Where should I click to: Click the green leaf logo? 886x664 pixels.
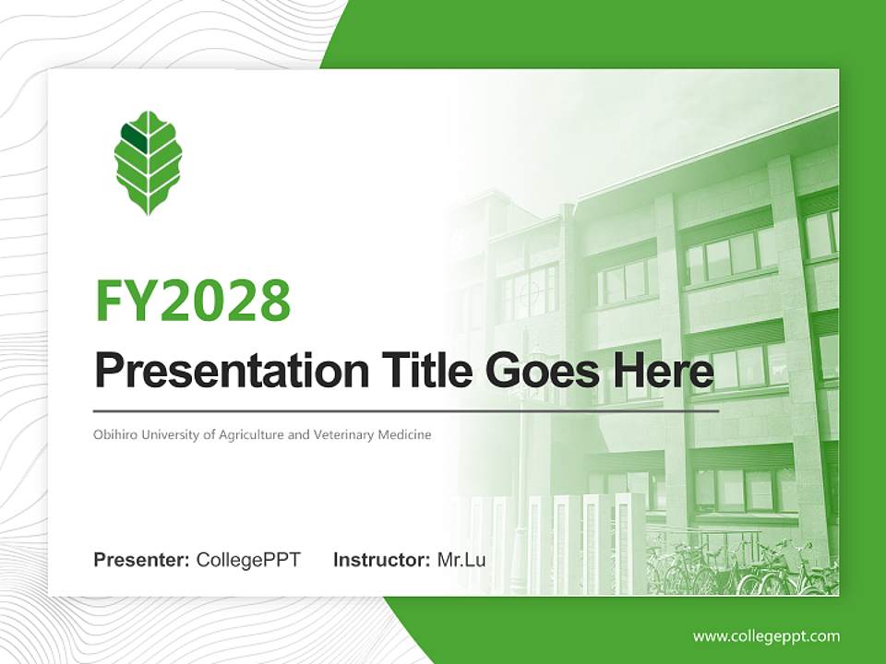tap(148, 162)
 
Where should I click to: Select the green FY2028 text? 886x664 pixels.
tap(193, 301)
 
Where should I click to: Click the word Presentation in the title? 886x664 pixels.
tap(232, 371)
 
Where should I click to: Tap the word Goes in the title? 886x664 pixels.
tap(542, 371)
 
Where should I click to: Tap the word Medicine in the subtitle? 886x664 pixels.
tap(404, 434)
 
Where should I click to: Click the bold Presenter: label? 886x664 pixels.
tap(141, 560)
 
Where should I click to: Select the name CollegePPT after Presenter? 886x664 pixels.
tap(248, 560)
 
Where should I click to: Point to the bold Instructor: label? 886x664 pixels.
tap(381, 560)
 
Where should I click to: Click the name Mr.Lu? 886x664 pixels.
tap(461, 560)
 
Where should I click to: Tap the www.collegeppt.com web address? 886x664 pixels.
tap(766, 637)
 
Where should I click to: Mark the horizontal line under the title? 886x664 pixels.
tap(406, 411)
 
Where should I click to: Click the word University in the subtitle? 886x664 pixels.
tap(170, 435)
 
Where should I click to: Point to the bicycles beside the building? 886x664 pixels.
tap(741, 567)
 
